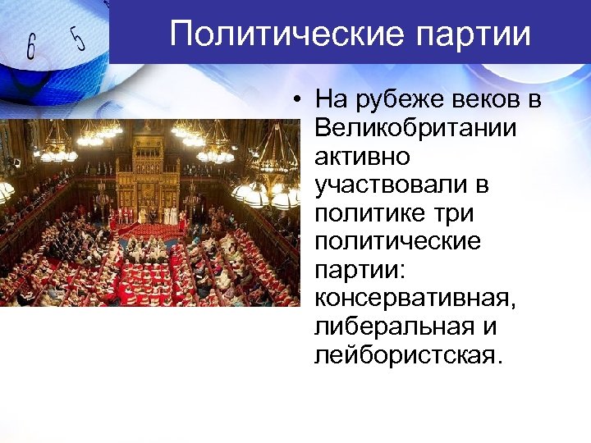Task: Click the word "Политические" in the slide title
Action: point(280,34)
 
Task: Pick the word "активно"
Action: point(356,158)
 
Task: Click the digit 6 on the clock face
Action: point(30,48)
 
